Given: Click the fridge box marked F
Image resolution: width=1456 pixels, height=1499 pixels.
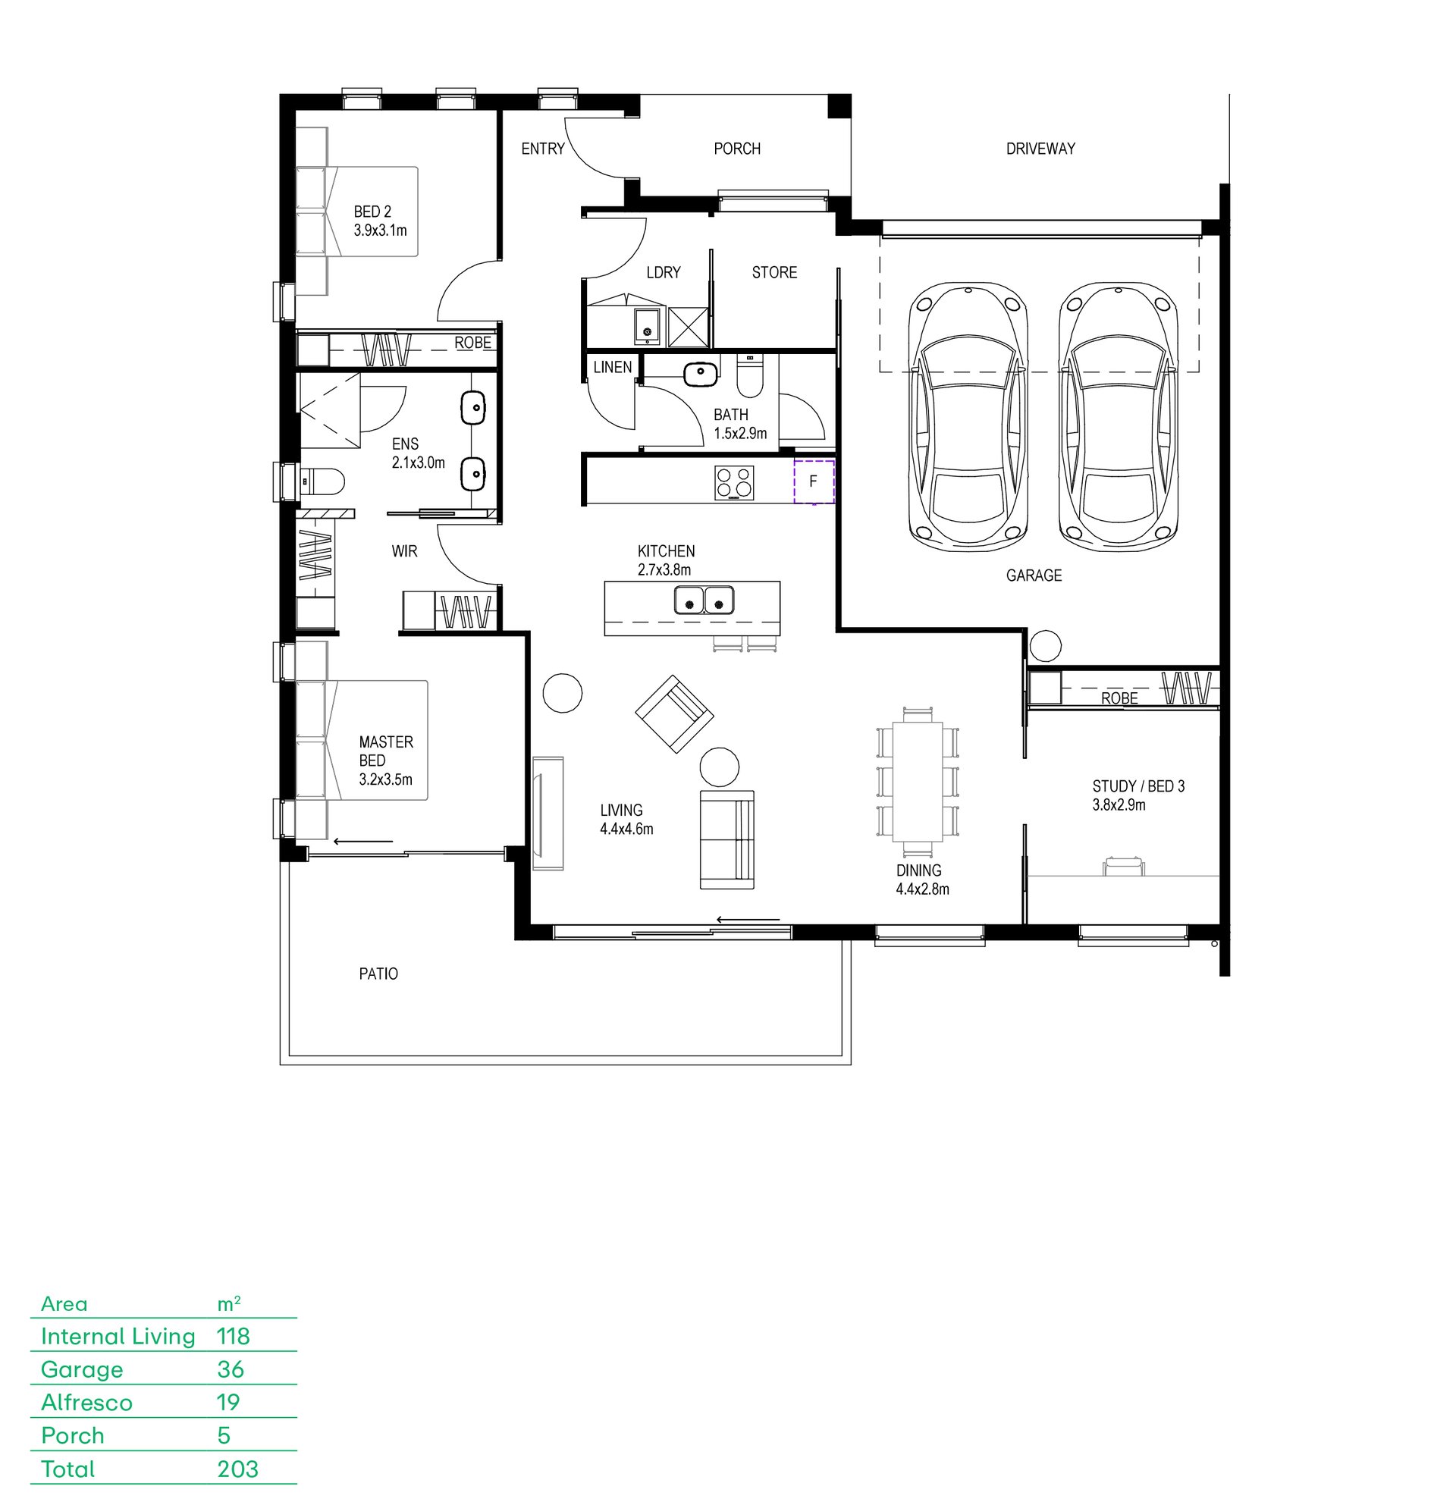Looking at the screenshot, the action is pos(813,481).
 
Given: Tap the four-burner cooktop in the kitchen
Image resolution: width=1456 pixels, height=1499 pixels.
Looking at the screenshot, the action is pos(734,482).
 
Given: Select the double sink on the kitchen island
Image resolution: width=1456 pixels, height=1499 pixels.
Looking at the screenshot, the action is pos(704,600).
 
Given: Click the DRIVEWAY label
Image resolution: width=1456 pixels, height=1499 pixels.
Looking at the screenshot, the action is pos(1040,149).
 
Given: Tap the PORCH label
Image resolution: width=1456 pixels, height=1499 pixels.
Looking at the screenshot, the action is pos(737,149).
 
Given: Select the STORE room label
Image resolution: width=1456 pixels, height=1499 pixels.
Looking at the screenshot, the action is pos(774,272).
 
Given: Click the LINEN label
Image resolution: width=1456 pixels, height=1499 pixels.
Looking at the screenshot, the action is pos(613,367).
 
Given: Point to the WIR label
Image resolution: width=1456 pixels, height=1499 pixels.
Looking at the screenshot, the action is pos(405,550).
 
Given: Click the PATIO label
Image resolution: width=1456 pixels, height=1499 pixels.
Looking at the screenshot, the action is pos(378,974).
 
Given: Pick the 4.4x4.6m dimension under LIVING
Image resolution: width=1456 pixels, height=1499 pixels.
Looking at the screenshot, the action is pos(626,829).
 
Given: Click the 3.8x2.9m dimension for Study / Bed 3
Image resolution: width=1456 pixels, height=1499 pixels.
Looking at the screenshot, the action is pos(1119,804).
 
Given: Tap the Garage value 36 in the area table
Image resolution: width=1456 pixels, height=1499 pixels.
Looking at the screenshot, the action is pos(231,1369).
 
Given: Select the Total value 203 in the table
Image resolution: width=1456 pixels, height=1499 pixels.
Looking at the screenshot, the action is pos(238,1469).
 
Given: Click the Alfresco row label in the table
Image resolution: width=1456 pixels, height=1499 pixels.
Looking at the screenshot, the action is pos(86,1402).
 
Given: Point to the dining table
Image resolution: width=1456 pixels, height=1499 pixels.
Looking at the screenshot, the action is pos(918,782).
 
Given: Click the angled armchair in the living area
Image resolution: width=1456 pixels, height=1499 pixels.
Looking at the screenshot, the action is pos(675,713).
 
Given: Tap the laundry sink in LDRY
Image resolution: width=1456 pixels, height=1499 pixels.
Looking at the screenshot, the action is pos(648,327).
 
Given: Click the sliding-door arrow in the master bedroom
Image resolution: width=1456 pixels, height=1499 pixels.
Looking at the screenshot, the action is pos(363,842).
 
